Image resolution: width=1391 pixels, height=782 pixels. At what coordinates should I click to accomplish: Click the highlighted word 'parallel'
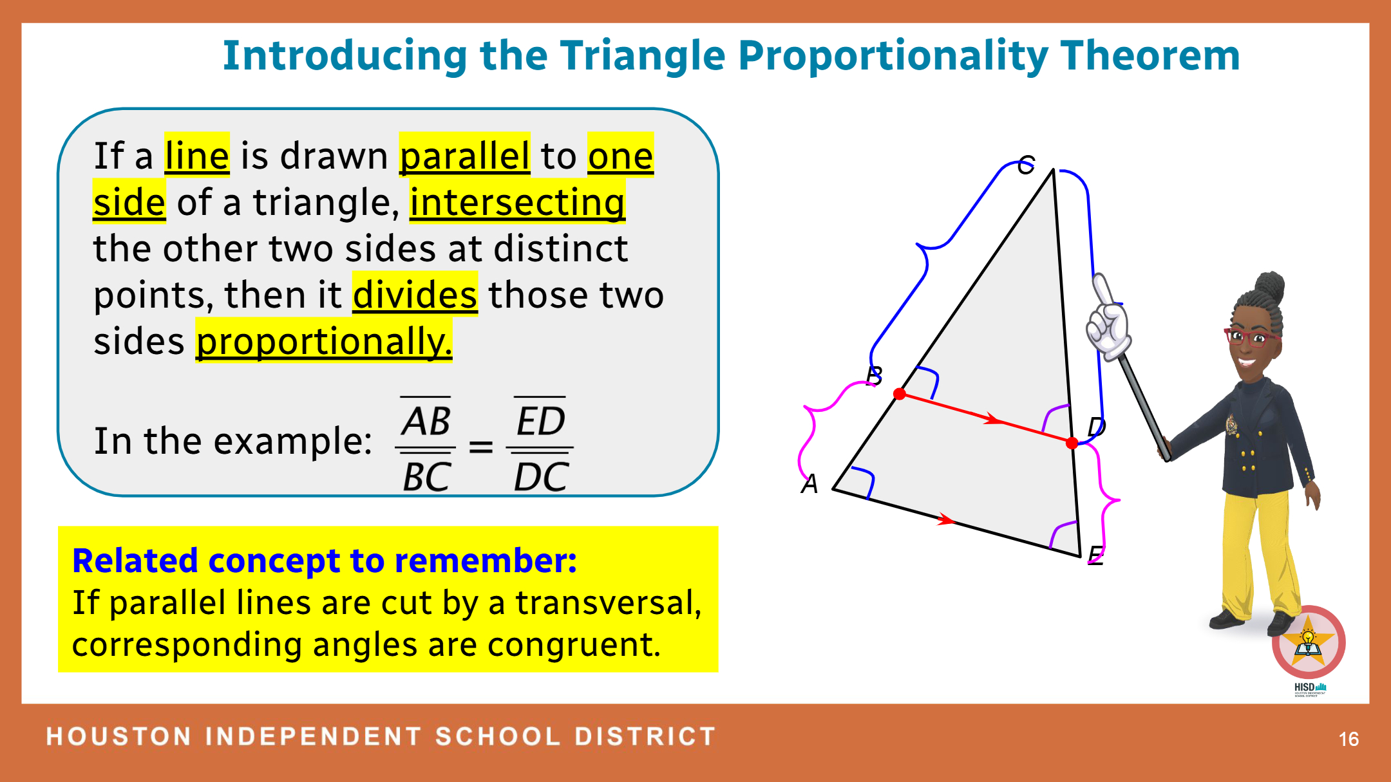click(464, 155)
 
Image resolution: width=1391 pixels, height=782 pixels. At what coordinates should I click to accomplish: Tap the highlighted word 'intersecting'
click(517, 202)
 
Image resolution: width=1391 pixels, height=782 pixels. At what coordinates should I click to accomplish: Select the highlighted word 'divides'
click(415, 295)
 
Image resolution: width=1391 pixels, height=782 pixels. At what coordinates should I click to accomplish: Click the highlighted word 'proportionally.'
click(324, 341)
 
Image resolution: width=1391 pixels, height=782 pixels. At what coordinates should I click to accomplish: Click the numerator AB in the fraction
click(426, 421)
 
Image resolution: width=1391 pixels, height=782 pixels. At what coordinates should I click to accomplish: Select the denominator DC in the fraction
click(541, 476)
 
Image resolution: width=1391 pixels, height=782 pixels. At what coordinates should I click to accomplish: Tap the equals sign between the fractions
click(481, 446)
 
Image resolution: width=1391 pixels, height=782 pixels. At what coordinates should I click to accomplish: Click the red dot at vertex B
click(900, 394)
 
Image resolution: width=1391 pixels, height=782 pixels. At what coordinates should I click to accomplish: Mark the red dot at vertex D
click(1072, 443)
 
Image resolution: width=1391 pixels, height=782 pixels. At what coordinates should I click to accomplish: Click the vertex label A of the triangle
click(809, 483)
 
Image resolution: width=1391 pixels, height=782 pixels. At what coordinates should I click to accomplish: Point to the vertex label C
click(1026, 165)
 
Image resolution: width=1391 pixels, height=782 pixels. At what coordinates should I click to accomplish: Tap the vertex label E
click(1095, 554)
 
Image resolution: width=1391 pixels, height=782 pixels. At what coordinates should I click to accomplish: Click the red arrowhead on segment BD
click(992, 420)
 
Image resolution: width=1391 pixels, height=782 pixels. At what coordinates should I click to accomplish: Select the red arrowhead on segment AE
click(946, 519)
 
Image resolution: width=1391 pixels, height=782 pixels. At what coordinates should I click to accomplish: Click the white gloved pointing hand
click(1108, 319)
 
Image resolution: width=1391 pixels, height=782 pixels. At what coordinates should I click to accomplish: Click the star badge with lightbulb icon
click(1308, 642)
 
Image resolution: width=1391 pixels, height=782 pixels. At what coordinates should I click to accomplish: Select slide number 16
click(1348, 739)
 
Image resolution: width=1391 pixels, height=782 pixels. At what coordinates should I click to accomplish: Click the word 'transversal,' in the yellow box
click(609, 603)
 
